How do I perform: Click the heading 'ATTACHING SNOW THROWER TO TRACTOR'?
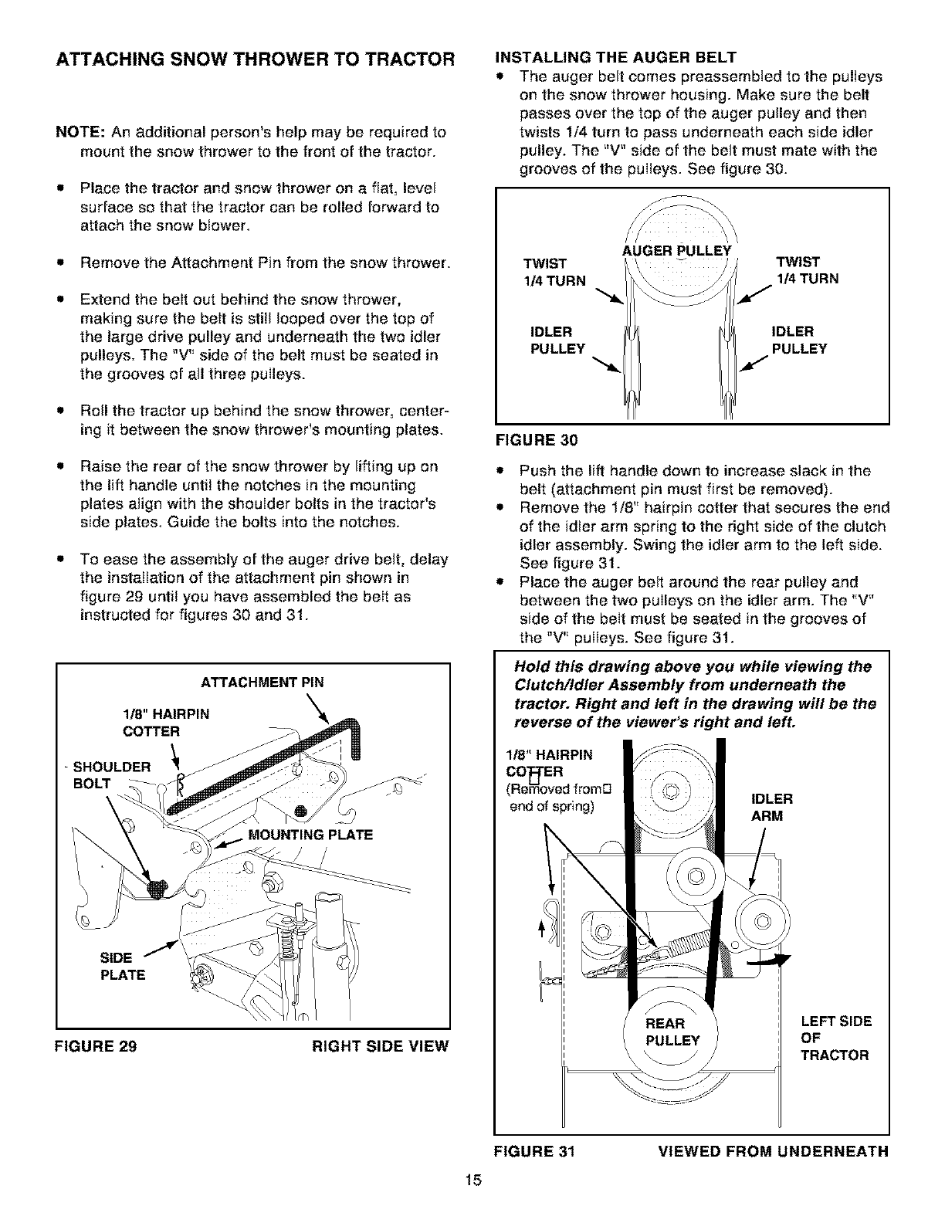coord(254,60)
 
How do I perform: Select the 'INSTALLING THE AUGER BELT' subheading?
coord(615,56)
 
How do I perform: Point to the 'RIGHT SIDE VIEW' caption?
coord(379,1047)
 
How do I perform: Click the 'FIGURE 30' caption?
coord(535,441)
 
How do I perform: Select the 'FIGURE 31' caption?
coord(535,1151)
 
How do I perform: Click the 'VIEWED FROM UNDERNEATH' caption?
coord(773,1151)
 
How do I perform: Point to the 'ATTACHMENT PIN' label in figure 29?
coord(262,683)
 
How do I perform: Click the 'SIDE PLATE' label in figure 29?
coord(123,966)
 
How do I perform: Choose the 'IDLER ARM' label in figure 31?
coord(771,807)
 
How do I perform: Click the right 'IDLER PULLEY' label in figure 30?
coord(798,340)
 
